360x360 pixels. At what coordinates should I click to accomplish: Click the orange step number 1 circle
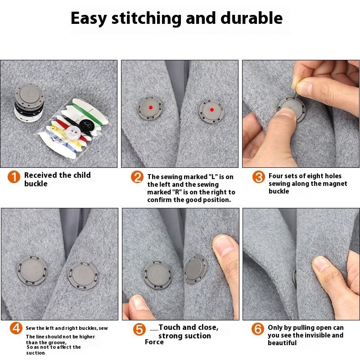pyautogui.click(x=14, y=177)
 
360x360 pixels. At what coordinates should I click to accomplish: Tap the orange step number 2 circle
pyautogui.click(x=137, y=177)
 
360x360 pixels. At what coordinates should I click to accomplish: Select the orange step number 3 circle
pyautogui.click(x=258, y=177)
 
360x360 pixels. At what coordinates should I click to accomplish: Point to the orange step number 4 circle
pyautogui.click(x=16, y=328)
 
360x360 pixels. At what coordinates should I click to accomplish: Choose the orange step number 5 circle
pyautogui.click(x=139, y=329)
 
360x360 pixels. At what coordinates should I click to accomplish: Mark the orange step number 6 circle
pyautogui.click(x=257, y=329)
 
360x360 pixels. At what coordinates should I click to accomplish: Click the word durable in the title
pyautogui.click(x=252, y=18)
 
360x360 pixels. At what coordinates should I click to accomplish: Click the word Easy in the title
pyautogui.click(x=89, y=19)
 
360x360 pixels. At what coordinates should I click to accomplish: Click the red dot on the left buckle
pyautogui.click(x=151, y=108)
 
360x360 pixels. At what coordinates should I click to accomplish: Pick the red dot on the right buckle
pyautogui.click(x=212, y=110)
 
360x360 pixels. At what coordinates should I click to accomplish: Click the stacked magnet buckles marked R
pyautogui.click(x=29, y=103)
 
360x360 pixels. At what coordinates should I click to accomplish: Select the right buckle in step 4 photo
pyautogui.click(x=83, y=276)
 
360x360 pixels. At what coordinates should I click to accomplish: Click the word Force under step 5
pyautogui.click(x=154, y=342)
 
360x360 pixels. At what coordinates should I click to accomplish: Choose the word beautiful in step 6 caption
pyautogui.click(x=282, y=343)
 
